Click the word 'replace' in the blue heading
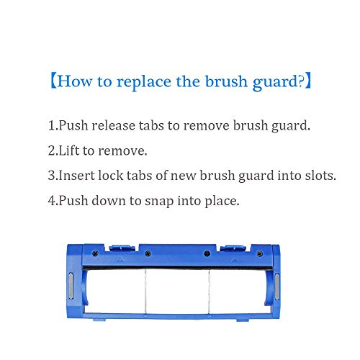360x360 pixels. [x=144, y=82]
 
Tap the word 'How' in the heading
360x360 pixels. [x=75, y=81]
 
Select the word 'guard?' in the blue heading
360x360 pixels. [x=278, y=82]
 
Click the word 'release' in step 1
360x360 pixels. [x=114, y=125]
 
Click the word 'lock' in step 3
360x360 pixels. [x=111, y=176]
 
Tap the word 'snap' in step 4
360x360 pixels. [x=159, y=201]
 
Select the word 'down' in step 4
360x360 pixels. [x=109, y=200]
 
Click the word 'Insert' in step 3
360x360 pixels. [x=77, y=176]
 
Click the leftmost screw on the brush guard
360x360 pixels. [x=96, y=253]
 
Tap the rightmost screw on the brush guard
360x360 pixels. [x=260, y=253]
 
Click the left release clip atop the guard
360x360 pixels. [x=122, y=248]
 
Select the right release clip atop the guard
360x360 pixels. [x=234, y=248]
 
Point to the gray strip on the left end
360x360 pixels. [x=71, y=286]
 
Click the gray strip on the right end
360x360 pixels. [x=277, y=287]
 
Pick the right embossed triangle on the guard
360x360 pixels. [x=234, y=260]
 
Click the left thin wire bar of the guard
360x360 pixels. [x=145, y=291]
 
